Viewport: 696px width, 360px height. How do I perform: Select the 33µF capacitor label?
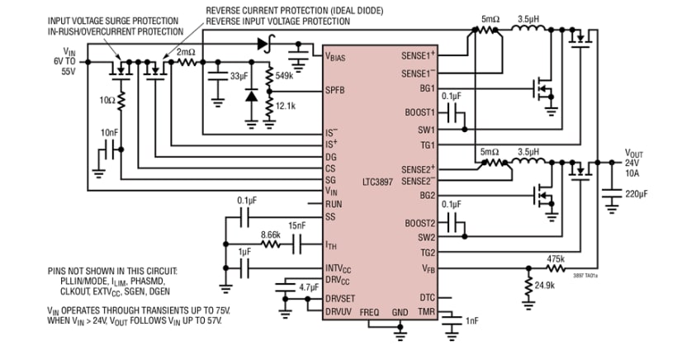coord(238,76)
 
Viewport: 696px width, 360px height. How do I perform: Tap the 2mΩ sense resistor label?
coord(185,51)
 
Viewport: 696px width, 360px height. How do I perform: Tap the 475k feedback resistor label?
coord(556,258)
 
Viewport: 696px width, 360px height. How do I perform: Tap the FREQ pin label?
coord(369,313)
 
